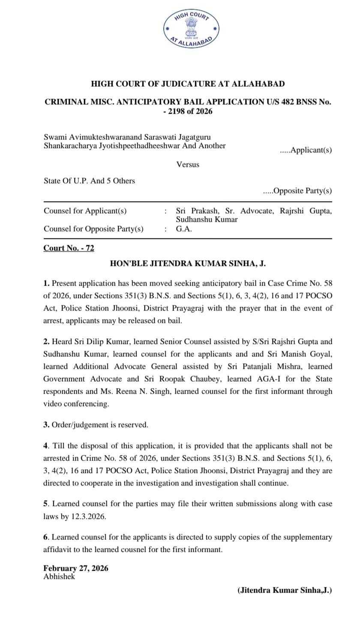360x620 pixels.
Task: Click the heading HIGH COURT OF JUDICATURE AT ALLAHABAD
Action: coord(188,84)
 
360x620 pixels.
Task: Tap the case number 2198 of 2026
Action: coord(190,111)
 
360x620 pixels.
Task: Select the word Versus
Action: coord(188,164)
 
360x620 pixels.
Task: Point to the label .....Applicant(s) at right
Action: coord(306,150)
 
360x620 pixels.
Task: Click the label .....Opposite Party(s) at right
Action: coord(297,191)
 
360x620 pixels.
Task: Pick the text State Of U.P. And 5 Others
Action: coord(89,181)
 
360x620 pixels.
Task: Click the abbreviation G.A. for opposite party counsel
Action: coord(184,229)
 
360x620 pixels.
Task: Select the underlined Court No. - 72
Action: coord(69,248)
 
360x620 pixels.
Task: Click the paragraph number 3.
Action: coord(46,425)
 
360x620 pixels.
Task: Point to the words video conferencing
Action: coord(76,404)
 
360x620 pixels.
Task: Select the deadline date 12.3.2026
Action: coord(88,517)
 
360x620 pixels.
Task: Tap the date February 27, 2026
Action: coord(76,569)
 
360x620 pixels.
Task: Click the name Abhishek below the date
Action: coord(59,577)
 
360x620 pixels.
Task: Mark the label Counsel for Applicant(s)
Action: coord(85,211)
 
